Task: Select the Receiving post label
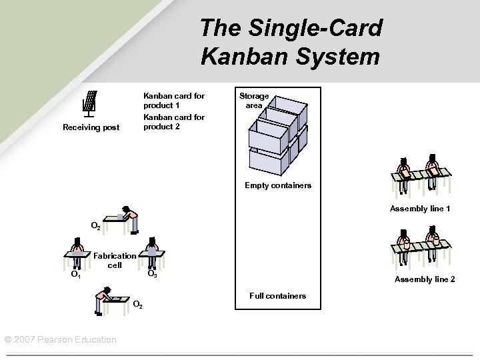91,127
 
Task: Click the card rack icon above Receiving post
90,103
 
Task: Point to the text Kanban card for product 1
173,100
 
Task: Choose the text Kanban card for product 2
173,122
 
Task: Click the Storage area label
254,101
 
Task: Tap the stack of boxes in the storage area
277,131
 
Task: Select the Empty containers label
277,185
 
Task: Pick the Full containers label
277,295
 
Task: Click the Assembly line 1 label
419,209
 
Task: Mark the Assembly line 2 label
425,279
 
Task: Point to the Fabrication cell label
115,260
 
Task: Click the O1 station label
77,274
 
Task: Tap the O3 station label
151,274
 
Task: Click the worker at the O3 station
153,249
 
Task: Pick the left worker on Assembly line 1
404,170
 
